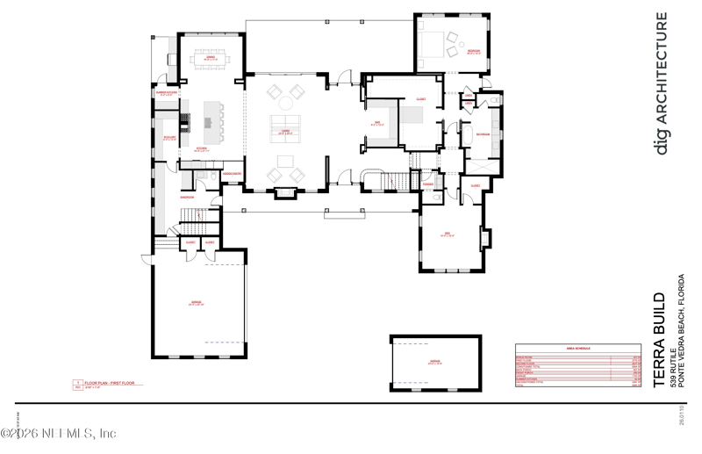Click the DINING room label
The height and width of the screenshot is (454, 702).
[x=211, y=59]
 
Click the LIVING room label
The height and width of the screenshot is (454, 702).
[x=285, y=132]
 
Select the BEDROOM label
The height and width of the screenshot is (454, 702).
[x=473, y=52]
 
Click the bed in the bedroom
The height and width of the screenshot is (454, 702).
[x=433, y=40]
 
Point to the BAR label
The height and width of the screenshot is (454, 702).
[x=377, y=123]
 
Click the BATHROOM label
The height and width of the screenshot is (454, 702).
[x=482, y=133]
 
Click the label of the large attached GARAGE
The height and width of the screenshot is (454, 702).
[x=197, y=303]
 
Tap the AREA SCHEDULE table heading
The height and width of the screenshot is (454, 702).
[x=577, y=348]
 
